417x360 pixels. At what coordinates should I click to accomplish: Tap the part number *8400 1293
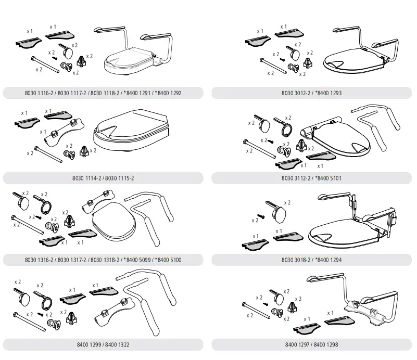click(x=326, y=94)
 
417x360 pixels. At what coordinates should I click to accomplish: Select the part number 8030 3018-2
click(x=296, y=260)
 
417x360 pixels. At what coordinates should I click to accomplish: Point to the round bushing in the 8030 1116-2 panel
click(x=67, y=67)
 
